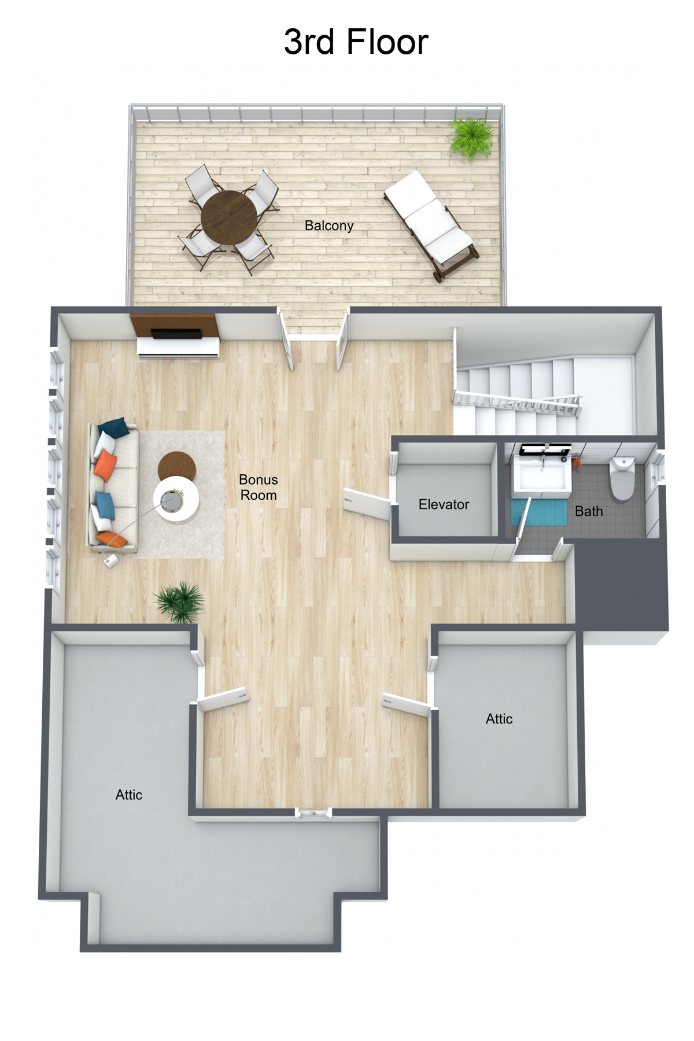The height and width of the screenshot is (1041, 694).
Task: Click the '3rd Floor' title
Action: [x=356, y=42]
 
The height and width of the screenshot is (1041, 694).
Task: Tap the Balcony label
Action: [x=329, y=226]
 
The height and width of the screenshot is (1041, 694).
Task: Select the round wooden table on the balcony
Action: [x=229, y=218]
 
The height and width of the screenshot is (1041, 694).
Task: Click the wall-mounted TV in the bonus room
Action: [x=176, y=334]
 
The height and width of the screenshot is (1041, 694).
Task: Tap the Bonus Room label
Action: [x=259, y=487]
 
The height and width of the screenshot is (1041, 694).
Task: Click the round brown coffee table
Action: [x=176, y=465]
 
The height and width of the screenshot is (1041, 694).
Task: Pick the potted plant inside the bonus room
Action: [x=180, y=601]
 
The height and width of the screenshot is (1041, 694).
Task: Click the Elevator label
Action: [x=444, y=504]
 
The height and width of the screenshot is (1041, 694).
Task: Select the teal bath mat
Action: [x=539, y=512]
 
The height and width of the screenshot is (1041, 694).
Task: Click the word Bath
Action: [x=589, y=511]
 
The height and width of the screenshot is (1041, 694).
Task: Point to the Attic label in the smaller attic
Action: [x=499, y=719]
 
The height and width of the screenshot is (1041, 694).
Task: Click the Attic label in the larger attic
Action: [x=128, y=795]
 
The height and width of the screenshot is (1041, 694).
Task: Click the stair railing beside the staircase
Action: [x=518, y=403]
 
